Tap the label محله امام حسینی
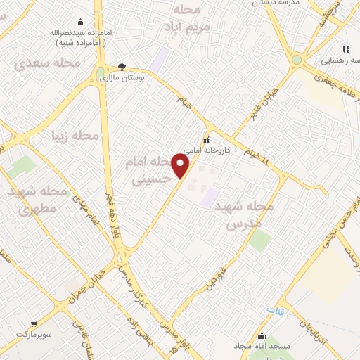click(150, 171)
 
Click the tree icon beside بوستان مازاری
click(122, 67)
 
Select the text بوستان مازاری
click(127, 79)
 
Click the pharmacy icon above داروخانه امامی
click(206, 138)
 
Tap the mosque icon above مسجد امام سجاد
click(262, 335)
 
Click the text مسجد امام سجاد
click(262, 347)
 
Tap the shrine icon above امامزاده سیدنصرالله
click(79, 22)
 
